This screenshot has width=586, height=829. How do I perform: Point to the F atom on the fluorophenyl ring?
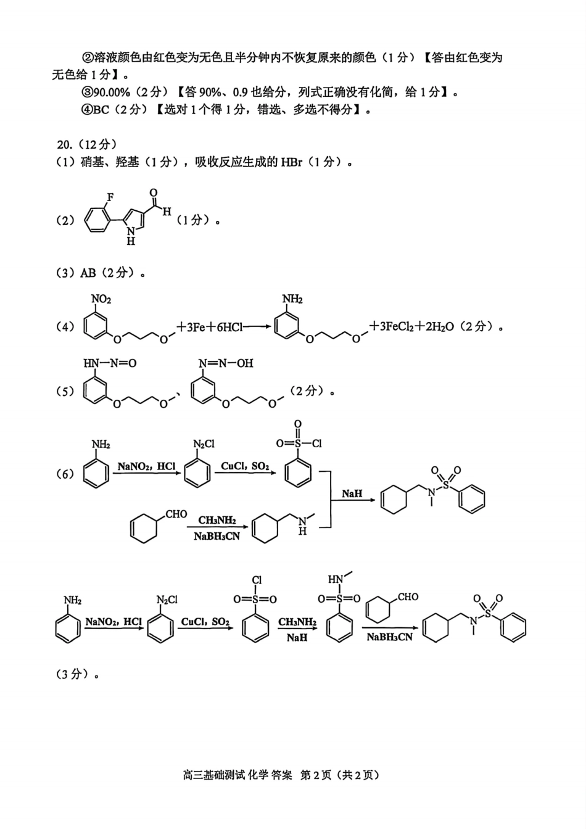pos(110,196)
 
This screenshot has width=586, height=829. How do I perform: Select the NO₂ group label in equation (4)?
pos(101,299)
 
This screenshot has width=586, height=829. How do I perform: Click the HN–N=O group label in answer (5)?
pos(109,363)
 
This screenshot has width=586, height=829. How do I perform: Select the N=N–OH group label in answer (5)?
pos(226,363)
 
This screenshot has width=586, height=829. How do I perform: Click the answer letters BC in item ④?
pos(101,109)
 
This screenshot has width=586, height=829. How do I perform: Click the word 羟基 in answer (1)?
pos(126,162)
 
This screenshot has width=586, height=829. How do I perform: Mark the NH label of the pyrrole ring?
pos(130,236)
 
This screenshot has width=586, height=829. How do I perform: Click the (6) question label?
pos(65,474)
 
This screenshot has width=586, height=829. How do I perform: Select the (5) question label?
pos(65,391)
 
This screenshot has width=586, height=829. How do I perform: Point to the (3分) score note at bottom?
pos(72,674)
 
